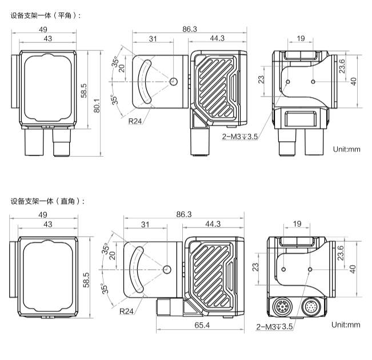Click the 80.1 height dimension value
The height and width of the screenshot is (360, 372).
97,106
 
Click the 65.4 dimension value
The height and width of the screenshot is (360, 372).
202,325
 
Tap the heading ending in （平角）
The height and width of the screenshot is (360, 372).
46,15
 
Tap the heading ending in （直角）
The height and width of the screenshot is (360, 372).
47,201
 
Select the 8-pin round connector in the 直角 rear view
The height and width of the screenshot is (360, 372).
281,307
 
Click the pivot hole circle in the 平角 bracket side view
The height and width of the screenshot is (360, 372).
173,82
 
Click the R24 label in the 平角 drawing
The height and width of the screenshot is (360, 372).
135,121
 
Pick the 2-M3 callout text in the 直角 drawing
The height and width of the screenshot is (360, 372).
274,327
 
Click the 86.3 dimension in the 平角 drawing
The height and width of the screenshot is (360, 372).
190,29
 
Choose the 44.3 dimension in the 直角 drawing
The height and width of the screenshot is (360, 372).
213,224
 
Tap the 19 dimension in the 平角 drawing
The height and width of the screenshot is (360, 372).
301,38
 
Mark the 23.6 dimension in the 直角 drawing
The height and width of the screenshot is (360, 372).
341,253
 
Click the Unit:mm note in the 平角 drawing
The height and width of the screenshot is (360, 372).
346,149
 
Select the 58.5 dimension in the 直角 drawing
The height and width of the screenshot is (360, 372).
86,280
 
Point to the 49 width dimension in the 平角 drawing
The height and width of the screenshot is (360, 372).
43,29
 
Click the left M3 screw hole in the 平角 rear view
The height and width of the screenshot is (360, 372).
288,82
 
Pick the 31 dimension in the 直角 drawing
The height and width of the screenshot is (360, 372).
145,225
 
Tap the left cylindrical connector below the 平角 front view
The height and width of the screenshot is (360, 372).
34,142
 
